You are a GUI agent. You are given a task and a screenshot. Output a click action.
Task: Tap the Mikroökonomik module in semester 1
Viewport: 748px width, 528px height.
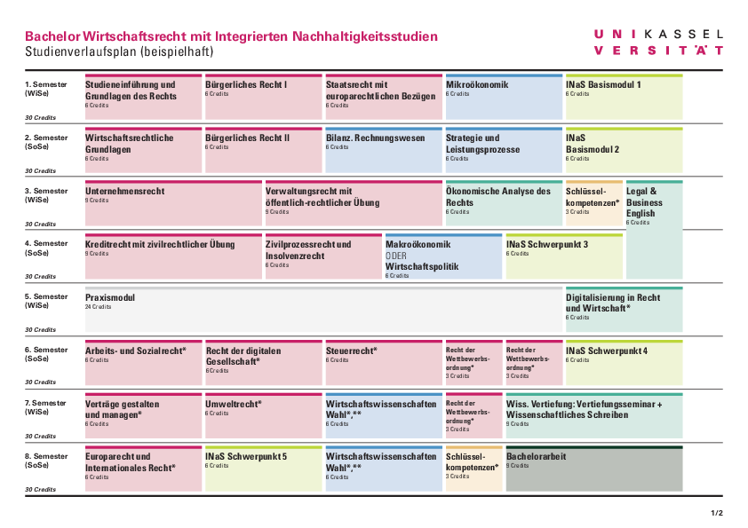coord(502,98)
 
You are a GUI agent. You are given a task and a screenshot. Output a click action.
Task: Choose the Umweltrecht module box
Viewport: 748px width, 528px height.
coord(262,417)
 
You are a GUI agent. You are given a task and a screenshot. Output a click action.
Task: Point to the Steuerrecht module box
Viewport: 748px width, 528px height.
coord(382,364)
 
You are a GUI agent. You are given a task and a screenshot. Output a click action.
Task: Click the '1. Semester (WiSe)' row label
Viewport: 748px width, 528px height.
coord(45,89)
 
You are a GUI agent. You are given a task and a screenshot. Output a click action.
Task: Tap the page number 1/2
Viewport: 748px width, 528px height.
coord(717,513)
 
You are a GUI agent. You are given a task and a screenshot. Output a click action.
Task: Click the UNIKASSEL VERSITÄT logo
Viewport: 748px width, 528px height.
coord(658,42)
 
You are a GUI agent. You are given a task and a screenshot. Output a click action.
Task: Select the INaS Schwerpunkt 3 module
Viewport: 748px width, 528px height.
coord(563,256)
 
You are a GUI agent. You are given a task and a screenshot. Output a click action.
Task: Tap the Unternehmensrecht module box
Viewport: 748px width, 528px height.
coord(173,204)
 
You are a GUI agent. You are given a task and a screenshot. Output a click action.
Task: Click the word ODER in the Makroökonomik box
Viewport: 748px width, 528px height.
coord(395,256)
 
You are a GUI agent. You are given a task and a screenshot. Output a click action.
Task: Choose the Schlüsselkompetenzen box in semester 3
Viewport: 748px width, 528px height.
coord(593,204)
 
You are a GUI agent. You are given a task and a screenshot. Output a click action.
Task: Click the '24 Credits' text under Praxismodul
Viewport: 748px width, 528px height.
coord(99,307)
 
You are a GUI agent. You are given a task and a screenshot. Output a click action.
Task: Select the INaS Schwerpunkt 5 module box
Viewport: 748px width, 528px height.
coord(262,470)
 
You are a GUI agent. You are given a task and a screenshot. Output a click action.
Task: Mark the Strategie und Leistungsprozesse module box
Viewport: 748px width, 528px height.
coord(502,151)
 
